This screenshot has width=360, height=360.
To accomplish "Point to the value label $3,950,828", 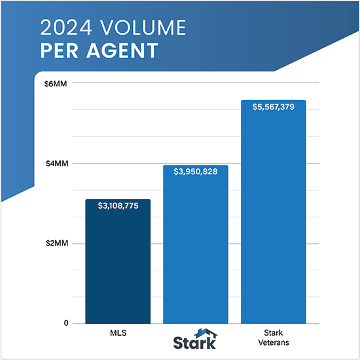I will point(195,172).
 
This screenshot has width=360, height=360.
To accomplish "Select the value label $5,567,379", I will point(273,107).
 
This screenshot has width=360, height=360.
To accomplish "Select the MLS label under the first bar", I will point(118,333).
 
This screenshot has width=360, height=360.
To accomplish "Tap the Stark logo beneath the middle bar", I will point(194,340).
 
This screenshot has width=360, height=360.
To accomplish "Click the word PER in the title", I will point(59,50).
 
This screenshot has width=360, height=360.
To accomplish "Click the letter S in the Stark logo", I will point(178,343).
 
